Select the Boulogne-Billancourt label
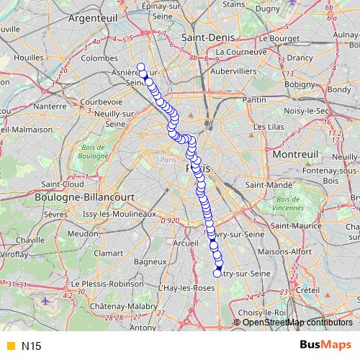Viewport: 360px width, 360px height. [71, 196]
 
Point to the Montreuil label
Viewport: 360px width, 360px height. [295, 154]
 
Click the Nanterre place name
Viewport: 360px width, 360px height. [50, 106]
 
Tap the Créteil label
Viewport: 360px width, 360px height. [307, 289]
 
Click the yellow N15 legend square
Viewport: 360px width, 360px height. [9, 346]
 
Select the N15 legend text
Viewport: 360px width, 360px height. [31, 346]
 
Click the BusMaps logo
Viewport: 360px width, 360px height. [325, 345]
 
